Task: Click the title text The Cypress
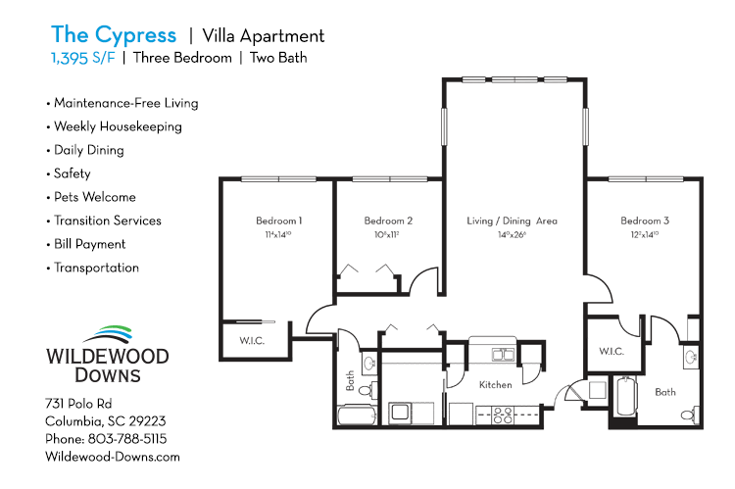(114, 35)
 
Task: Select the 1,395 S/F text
(82, 58)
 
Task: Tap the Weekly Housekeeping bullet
(117, 126)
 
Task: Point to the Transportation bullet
(96, 268)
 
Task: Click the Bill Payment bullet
(89, 244)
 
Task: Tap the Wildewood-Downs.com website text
(113, 457)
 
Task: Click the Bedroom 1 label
(278, 221)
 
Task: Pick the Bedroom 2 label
(388, 221)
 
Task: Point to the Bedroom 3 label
(644, 221)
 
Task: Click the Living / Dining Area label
(512, 221)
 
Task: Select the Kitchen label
(495, 385)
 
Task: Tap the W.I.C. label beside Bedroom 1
(253, 342)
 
